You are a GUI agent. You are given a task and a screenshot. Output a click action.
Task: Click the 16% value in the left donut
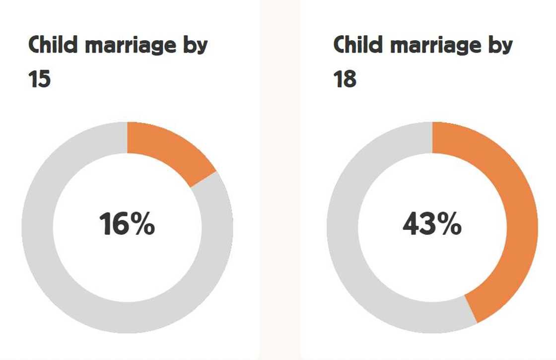(127, 224)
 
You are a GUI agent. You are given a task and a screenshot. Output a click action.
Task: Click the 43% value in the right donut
(432, 225)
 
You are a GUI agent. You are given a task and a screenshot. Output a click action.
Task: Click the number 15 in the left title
(40, 79)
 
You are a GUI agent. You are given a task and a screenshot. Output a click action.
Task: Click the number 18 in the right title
(345, 79)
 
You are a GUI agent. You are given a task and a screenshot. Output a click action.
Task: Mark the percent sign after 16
(144, 225)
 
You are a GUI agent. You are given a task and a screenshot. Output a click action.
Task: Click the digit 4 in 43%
(412, 225)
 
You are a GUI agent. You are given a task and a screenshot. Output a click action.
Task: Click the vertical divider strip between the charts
(280, 199)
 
